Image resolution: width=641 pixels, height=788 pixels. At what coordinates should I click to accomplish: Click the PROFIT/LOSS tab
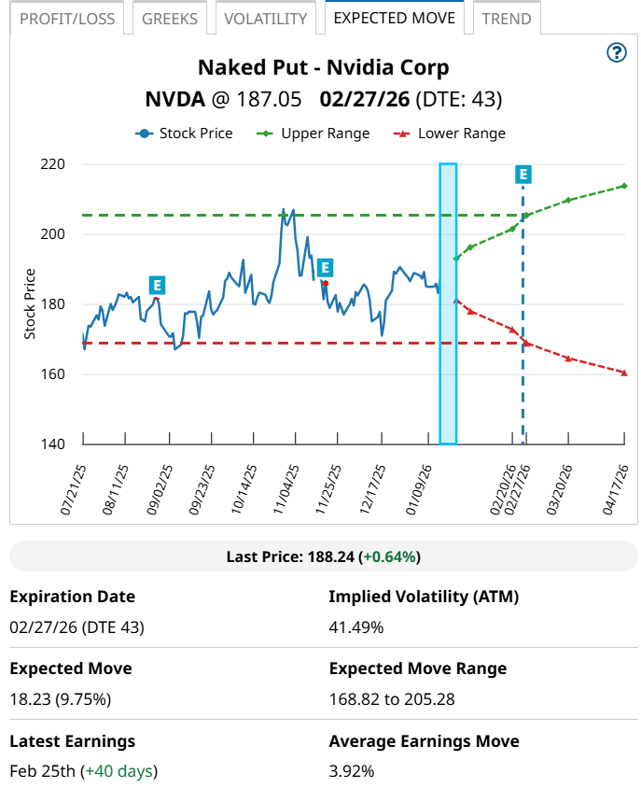click(66, 19)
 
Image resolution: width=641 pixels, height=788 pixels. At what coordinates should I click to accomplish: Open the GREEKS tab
click(170, 19)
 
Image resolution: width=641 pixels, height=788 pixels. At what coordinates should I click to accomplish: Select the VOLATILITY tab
click(265, 19)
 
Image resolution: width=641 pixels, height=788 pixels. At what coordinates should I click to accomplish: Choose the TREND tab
click(507, 19)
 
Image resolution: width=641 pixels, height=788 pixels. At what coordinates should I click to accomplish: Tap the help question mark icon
click(616, 52)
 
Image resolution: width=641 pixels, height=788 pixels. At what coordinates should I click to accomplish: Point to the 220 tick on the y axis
click(53, 164)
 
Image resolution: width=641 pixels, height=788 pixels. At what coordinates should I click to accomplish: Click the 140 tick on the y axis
click(53, 443)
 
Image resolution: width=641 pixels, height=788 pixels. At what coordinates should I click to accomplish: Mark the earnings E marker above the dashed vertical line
click(523, 175)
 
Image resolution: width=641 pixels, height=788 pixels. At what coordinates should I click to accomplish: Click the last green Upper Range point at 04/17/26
click(624, 186)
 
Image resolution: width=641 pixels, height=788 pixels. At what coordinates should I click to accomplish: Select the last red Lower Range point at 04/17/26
click(624, 373)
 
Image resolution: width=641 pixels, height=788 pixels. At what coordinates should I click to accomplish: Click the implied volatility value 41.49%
click(356, 627)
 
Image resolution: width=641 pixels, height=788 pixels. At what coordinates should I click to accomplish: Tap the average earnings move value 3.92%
click(352, 771)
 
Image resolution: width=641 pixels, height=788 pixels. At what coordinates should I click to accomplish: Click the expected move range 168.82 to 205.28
click(396, 699)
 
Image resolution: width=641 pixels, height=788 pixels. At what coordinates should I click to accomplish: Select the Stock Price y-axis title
click(30, 303)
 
